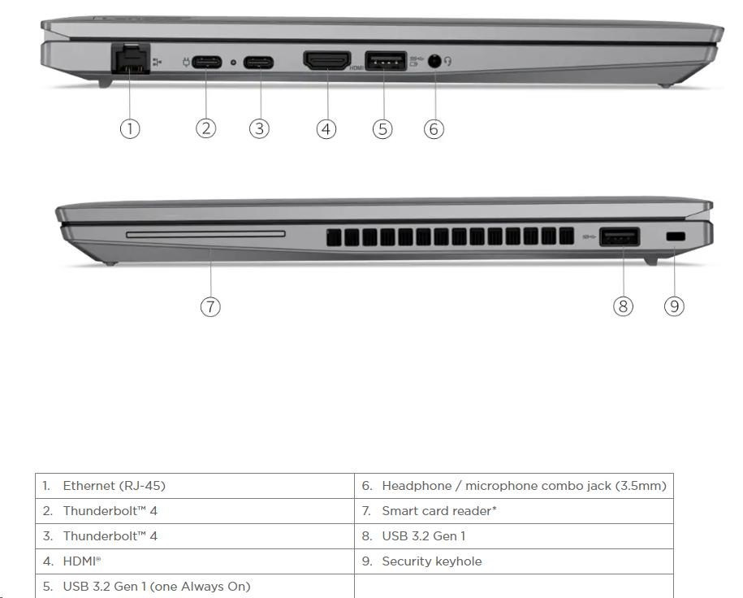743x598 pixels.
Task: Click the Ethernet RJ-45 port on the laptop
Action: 130,58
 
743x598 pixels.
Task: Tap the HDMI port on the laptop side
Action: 327,61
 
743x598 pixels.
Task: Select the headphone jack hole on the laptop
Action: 434,61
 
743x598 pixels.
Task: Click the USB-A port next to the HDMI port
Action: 386,61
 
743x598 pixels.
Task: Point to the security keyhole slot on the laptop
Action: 676,236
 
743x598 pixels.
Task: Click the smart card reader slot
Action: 205,234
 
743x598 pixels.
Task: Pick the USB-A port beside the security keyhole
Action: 620,236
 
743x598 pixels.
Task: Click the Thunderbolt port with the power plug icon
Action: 206,62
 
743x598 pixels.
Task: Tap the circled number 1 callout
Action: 130,128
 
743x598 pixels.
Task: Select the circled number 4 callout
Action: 326,129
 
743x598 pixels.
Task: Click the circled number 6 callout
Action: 434,129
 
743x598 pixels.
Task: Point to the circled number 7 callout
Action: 210,306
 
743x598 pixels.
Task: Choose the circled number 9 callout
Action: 674,306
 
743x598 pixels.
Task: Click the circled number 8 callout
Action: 623,306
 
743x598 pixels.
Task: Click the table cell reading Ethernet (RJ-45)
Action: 195,486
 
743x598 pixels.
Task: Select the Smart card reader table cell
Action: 514,511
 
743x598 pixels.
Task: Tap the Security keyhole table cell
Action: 514,561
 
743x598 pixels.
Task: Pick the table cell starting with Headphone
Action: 514,486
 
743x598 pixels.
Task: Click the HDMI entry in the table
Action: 195,561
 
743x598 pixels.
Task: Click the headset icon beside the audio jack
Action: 447,61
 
